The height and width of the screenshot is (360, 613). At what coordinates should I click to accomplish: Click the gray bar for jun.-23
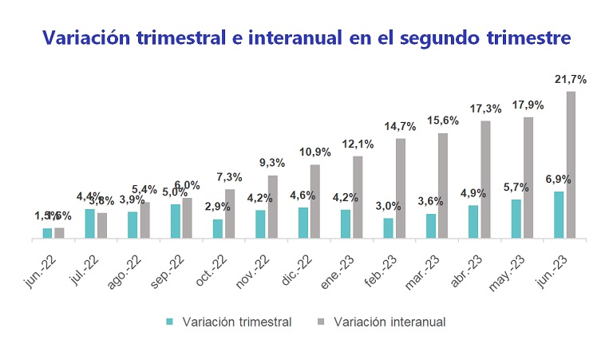(571, 164)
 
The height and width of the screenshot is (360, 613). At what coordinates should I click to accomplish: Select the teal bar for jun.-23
(559, 214)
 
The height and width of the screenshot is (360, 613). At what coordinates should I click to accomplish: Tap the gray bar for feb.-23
(401, 188)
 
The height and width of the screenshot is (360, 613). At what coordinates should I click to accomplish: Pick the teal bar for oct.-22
(218, 228)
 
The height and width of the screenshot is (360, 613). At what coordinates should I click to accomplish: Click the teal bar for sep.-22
(175, 220)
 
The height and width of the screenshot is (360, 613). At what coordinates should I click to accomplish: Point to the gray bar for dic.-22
(314, 200)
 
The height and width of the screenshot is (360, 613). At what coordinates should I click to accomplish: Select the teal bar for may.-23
(516, 218)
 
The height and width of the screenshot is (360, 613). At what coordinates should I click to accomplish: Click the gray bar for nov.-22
(272, 206)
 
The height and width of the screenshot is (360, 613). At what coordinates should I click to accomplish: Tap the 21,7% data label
(571, 79)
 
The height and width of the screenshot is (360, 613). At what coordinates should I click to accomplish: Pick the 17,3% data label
(485, 108)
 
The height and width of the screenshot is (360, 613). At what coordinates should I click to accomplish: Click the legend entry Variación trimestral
(236, 322)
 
